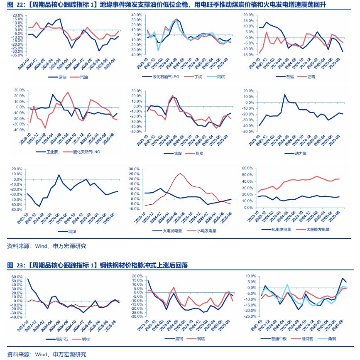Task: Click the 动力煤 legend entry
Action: coord(300,154)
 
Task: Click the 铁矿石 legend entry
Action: coord(61,339)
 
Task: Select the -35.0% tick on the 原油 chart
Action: coord(17,55)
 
